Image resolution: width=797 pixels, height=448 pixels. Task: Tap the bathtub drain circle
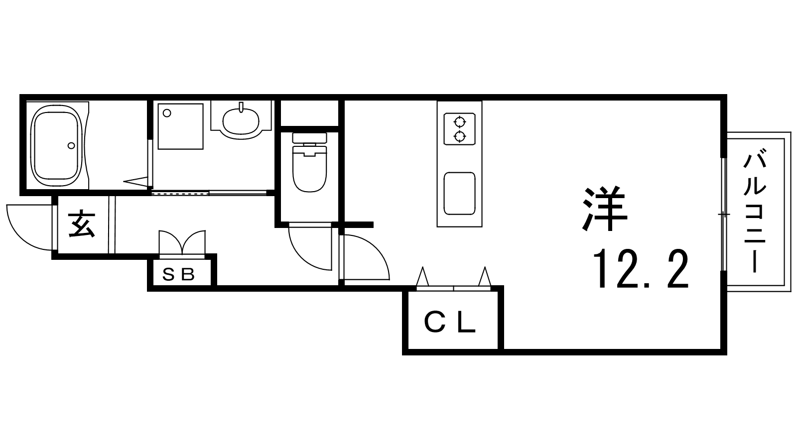[72, 145]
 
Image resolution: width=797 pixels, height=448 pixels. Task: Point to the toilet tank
[309, 138]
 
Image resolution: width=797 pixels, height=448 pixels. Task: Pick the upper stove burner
[459, 121]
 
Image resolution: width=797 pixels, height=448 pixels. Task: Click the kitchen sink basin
[459, 193]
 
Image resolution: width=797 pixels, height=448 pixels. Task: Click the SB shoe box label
[181, 275]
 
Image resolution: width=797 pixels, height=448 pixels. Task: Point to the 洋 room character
[604, 210]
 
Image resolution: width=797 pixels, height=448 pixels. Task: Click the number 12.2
[641, 269]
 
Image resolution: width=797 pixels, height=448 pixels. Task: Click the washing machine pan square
[180, 126]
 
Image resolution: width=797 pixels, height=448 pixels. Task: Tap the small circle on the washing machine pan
[167, 113]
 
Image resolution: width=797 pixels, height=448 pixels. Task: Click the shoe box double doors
[181, 243]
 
